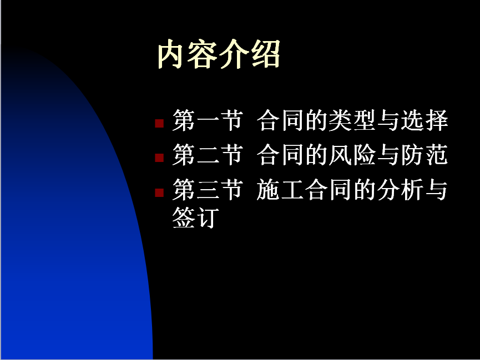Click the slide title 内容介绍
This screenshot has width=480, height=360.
219,54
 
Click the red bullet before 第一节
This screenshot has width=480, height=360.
159,123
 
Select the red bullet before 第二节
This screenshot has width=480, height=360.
159,158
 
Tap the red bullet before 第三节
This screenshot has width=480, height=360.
159,193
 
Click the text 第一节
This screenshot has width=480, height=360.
208,120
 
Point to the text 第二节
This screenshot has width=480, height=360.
208,155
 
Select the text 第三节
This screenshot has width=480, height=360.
208,190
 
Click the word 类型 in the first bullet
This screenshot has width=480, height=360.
352,120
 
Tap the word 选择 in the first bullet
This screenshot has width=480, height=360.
425,120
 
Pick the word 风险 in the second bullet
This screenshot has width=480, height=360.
352,155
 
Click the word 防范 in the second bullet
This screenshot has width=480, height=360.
425,155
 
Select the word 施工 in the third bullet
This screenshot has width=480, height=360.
280,190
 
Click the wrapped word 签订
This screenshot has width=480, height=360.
196,217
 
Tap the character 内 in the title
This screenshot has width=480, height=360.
171,54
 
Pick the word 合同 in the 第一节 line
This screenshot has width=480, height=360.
280,120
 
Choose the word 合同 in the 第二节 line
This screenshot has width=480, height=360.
280,155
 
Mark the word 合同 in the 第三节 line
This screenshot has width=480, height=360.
328,190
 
